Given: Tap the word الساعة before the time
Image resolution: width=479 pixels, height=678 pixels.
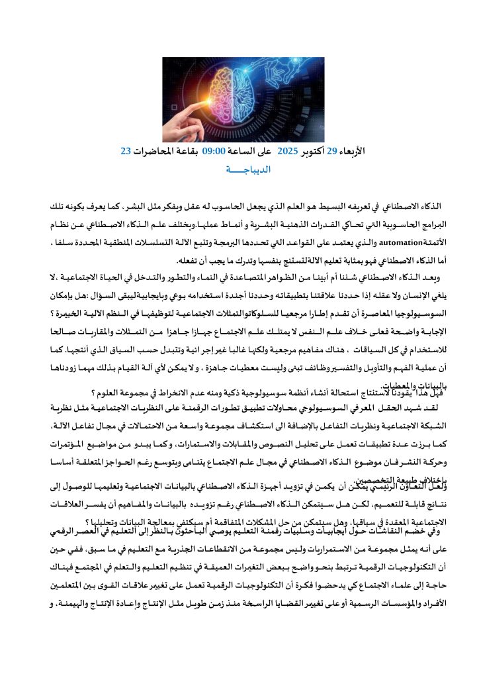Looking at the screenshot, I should point(240,152).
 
